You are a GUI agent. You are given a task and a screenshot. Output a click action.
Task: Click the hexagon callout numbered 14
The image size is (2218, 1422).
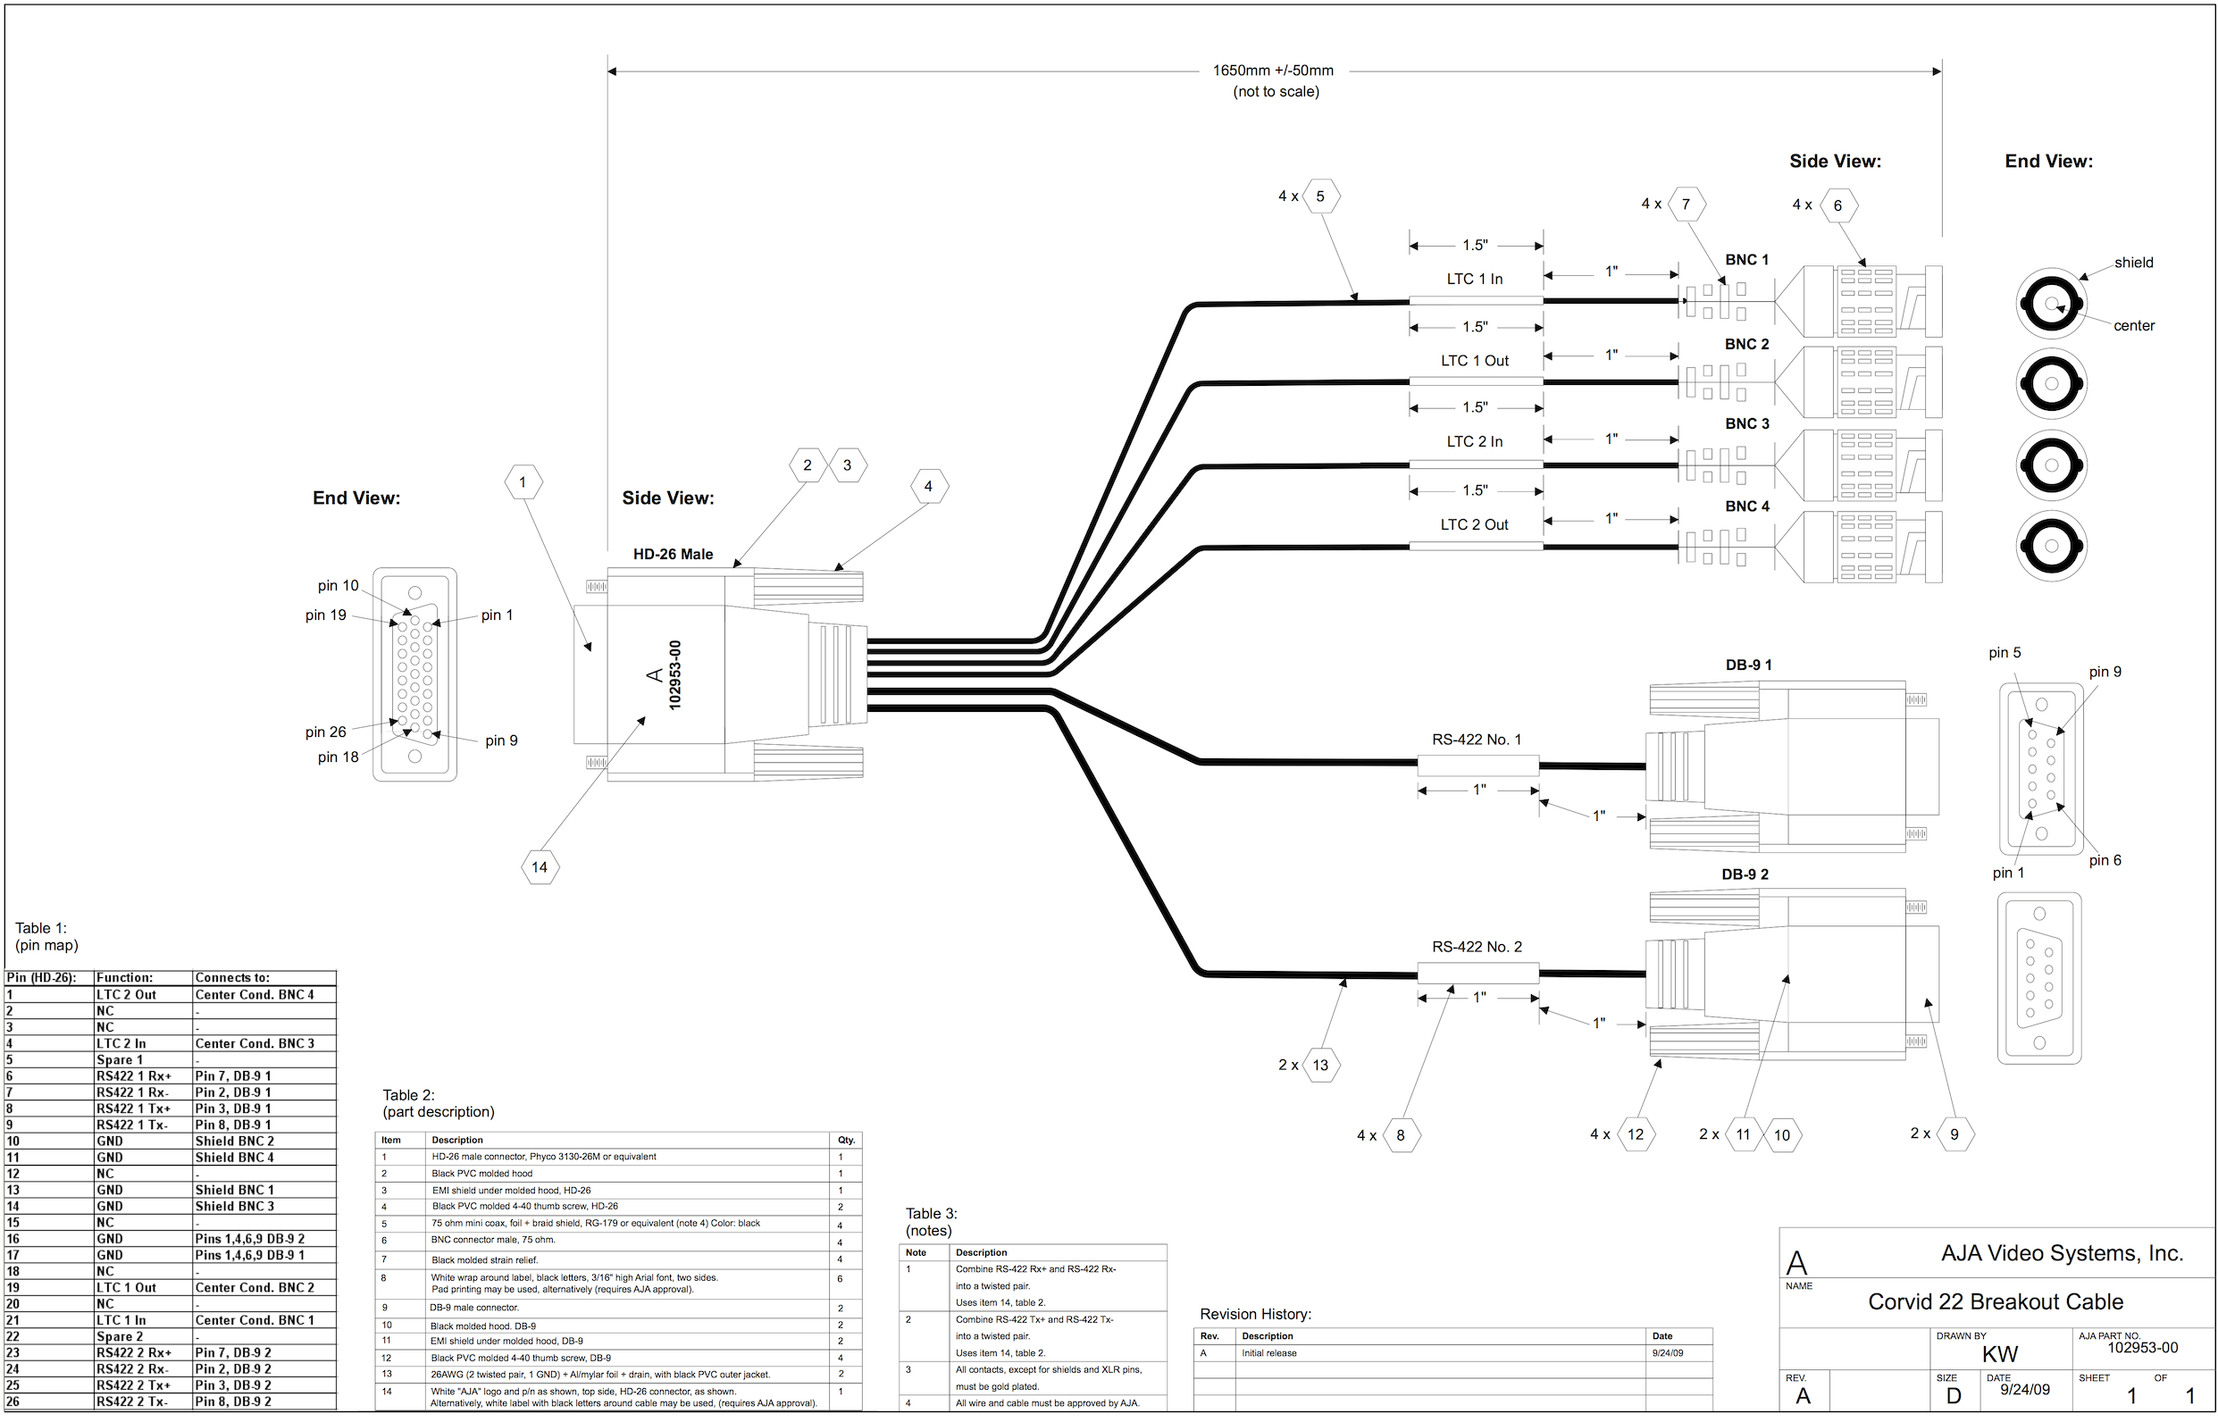coord(540,867)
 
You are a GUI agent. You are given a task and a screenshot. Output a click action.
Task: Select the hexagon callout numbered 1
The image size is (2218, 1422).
coord(523,482)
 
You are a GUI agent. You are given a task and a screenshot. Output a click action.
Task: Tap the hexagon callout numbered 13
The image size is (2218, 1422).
coord(1320,1065)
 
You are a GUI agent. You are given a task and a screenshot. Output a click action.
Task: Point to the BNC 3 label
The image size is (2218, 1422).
coord(1747,423)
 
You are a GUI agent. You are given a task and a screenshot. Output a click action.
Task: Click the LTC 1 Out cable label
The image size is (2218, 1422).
coord(1475,361)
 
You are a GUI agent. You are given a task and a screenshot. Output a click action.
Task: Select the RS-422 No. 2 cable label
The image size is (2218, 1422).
coord(1477,947)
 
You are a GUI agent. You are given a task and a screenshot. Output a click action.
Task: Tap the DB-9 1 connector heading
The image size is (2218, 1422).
coord(1748,665)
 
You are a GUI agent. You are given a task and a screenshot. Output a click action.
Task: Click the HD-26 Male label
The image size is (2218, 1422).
coord(673,554)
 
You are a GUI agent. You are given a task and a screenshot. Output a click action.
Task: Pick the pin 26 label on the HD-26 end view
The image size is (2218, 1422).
coord(326,732)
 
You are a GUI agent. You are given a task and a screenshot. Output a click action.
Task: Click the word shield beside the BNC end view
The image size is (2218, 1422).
coord(2133,263)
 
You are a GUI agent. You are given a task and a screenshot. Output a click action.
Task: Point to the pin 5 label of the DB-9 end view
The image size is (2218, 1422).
coord(2005,653)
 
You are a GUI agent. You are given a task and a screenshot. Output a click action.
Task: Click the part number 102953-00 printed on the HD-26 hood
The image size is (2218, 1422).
coord(675,675)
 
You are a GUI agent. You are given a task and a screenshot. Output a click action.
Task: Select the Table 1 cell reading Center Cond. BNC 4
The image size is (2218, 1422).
coord(255,994)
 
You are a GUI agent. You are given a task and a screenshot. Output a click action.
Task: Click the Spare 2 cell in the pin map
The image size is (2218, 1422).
coord(120,1336)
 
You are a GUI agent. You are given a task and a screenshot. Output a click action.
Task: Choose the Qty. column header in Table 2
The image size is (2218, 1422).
coord(846,1140)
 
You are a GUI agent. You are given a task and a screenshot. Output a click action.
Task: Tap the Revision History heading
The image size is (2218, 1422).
coord(1255,1314)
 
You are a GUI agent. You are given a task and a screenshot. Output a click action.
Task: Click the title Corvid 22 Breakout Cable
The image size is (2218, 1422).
coord(1996,1302)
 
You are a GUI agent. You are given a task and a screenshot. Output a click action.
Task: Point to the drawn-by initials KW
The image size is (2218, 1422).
coord(2000,1355)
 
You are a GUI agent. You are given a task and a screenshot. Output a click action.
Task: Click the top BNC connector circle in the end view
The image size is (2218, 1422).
coord(2051,304)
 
